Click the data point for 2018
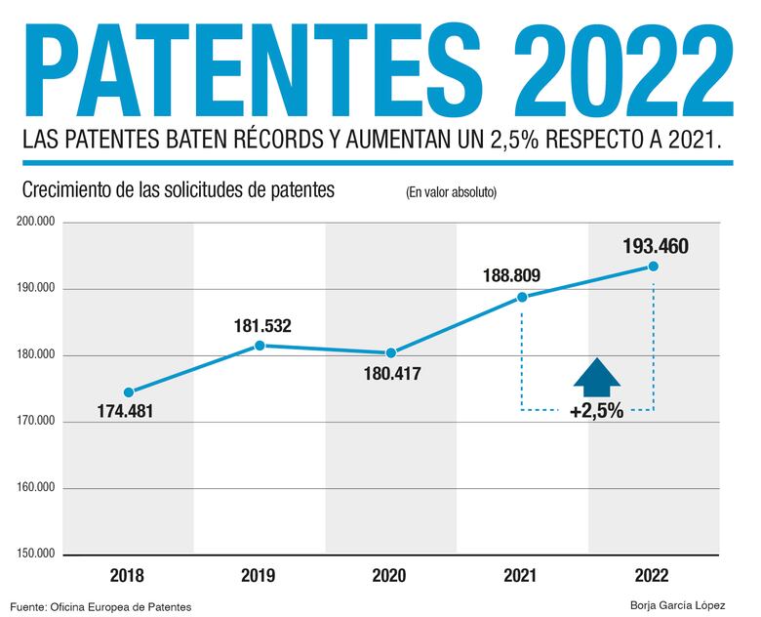(x=128, y=392)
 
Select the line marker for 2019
(x=260, y=346)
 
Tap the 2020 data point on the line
(x=390, y=352)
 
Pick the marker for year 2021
(x=522, y=297)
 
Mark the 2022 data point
(x=653, y=267)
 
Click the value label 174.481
(x=125, y=411)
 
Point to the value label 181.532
(x=262, y=325)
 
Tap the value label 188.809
(x=511, y=275)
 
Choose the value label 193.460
(x=656, y=246)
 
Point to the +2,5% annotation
(x=596, y=410)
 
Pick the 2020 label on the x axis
(x=390, y=576)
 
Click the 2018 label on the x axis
(x=128, y=576)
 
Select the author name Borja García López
(x=678, y=606)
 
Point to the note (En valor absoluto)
(x=451, y=192)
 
